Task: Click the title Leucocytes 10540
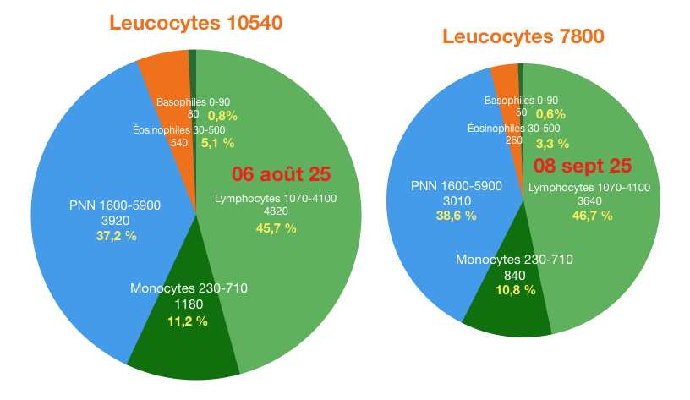click(x=195, y=23)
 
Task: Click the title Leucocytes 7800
click(x=523, y=36)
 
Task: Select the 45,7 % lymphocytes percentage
click(x=276, y=228)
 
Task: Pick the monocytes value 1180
click(x=189, y=304)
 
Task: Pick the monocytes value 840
click(x=514, y=275)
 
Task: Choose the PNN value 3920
click(x=115, y=220)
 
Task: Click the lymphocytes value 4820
click(x=275, y=212)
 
